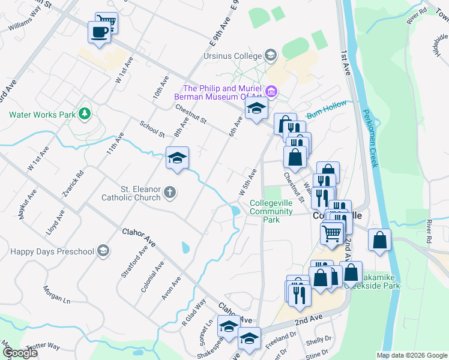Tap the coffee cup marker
(x=99, y=32)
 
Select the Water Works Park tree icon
(x=85, y=113)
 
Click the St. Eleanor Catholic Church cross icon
(x=170, y=193)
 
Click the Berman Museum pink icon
(x=271, y=92)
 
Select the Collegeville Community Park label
(x=271, y=211)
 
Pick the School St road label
(x=152, y=128)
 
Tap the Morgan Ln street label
(x=56, y=293)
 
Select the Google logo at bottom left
(x=19, y=352)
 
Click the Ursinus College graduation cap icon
(x=271, y=56)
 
